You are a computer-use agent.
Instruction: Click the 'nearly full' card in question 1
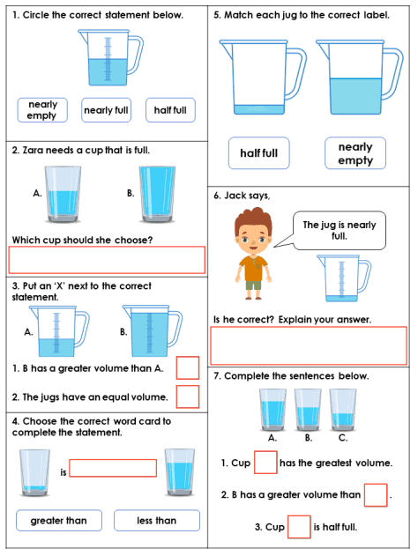point(106,110)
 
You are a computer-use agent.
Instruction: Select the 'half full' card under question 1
point(170,110)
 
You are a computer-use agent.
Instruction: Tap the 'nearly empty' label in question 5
point(355,153)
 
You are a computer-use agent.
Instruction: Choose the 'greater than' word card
point(59,521)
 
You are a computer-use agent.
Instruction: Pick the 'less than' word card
point(157,521)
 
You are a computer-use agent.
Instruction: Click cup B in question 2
point(157,194)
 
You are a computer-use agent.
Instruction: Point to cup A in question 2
point(63,194)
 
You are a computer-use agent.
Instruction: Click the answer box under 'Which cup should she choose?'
point(107,260)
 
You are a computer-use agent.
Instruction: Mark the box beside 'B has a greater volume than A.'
point(188,368)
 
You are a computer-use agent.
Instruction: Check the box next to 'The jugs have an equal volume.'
point(188,397)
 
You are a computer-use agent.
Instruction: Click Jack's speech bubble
point(339,231)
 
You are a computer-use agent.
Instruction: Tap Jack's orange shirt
point(253,268)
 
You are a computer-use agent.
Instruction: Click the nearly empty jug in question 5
point(263,78)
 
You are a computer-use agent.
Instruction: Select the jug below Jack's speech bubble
point(344,278)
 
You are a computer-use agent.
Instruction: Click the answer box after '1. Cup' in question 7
point(265,463)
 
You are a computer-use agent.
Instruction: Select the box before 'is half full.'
point(299,527)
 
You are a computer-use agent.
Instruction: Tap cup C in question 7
point(343,410)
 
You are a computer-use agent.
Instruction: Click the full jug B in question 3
point(153,330)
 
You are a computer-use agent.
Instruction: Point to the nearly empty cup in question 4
point(34,472)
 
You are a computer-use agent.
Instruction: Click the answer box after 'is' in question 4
point(113,468)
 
